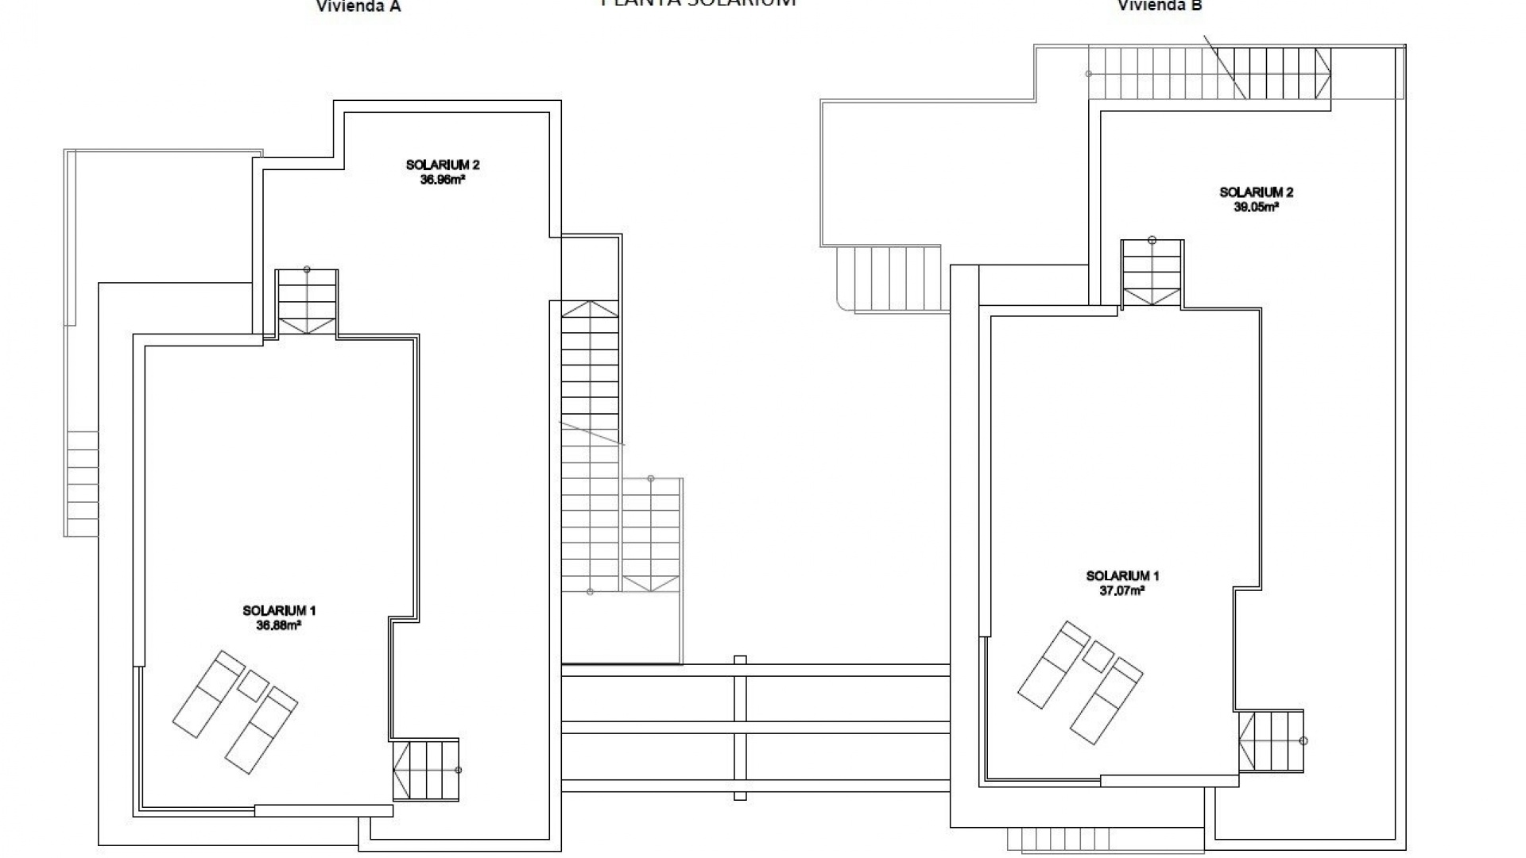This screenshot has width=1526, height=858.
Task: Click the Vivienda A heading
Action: tap(358, 6)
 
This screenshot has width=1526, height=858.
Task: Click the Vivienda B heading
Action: tap(1160, 6)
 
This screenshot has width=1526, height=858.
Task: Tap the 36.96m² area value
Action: tap(442, 180)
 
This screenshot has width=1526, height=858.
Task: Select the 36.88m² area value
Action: tap(278, 625)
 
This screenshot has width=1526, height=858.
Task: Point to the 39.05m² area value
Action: tap(1256, 207)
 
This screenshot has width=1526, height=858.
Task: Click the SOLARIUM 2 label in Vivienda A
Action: tap(442, 165)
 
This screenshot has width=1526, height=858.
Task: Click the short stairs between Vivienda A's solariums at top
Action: tap(307, 302)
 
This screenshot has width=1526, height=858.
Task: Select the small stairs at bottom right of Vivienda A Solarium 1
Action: tap(426, 770)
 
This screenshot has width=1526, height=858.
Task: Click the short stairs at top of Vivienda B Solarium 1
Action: tap(1152, 273)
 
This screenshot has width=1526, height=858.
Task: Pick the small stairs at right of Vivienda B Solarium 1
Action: tap(1271, 740)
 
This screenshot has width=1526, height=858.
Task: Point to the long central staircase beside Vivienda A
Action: tap(590, 445)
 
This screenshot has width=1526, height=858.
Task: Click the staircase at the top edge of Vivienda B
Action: tap(1208, 74)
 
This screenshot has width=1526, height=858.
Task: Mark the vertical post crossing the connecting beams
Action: tap(740, 727)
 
